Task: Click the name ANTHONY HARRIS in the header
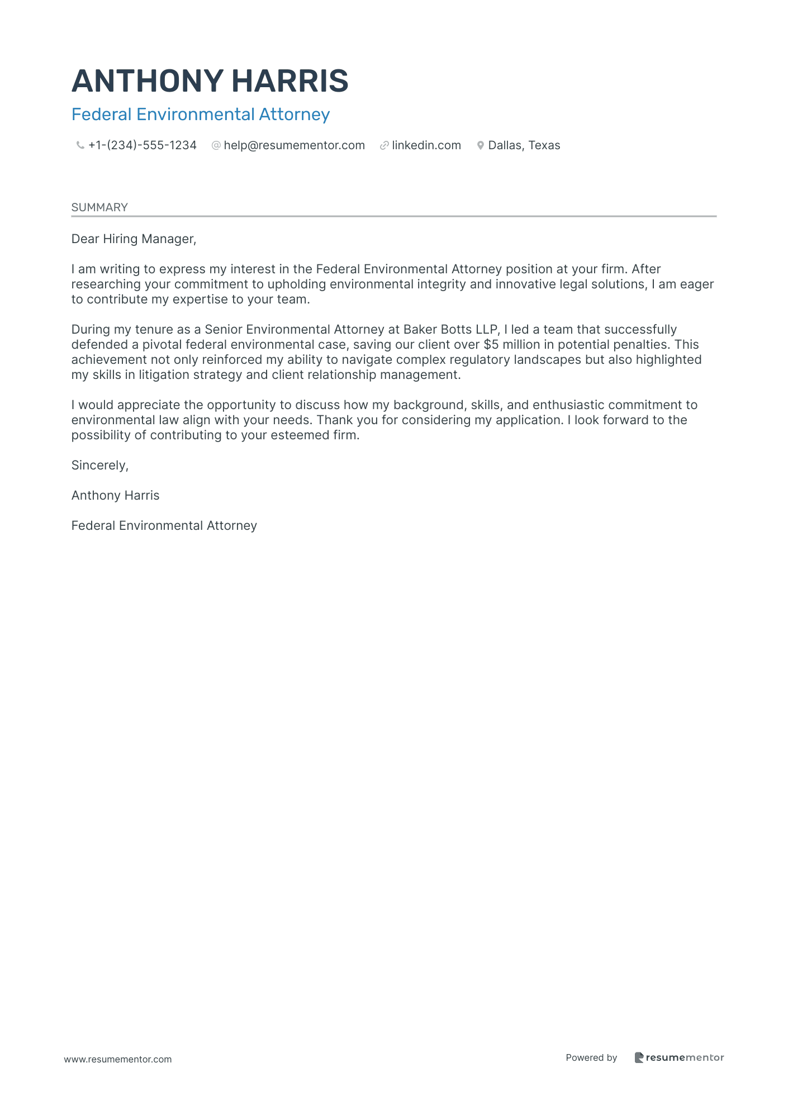click(210, 81)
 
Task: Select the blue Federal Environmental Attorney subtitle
click(201, 115)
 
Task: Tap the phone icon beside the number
click(80, 145)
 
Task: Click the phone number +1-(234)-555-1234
click(143, 145)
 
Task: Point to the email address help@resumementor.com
click(294, 145)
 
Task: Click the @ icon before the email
click(216, 145)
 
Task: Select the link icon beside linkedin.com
click(384, 145)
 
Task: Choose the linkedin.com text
click(426, 145)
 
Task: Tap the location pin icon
click(480, 145)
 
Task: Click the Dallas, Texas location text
click(524, 145)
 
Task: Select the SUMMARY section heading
click(99, 207)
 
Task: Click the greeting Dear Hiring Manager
click(134, 239)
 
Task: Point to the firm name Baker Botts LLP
click(450, 330)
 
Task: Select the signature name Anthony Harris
click(115, 496)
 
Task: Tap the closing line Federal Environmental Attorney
click(164, 526)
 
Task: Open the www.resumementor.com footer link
click(118, 1059)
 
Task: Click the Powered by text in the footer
click(591, 1057)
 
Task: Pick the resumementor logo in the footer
click(679, 1057)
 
